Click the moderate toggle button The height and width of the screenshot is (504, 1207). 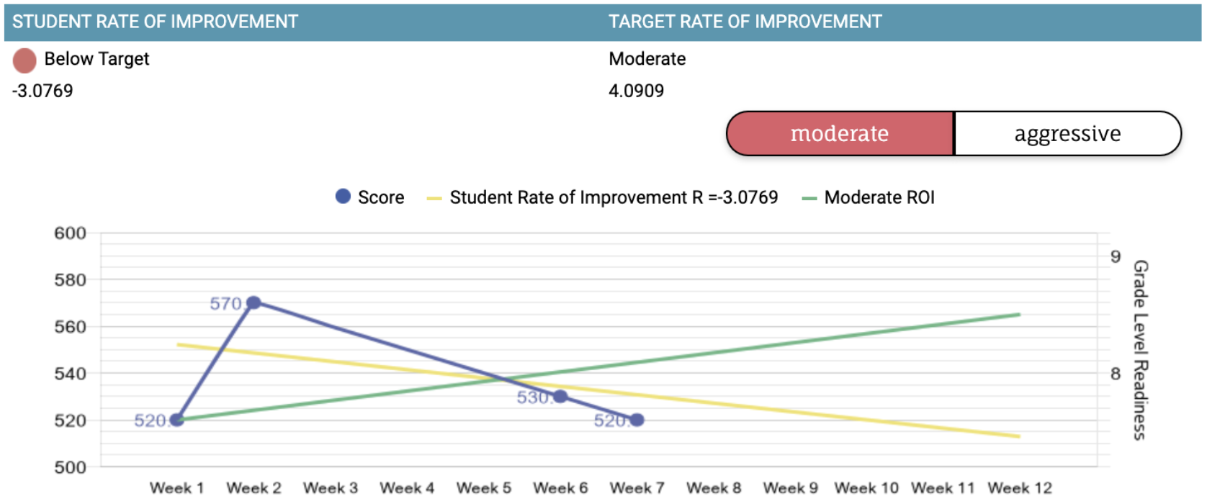[840, 133]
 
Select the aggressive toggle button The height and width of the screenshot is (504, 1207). [1067, 133]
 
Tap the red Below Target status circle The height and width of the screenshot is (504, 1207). [24, 60]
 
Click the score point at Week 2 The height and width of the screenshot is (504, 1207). [253, 303]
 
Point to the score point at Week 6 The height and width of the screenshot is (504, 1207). [560, 396]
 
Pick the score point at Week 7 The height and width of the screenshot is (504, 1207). [637, 420]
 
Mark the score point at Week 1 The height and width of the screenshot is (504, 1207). [177, 420]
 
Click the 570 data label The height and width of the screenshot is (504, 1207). [225, 304]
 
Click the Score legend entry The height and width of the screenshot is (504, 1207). [370, 197]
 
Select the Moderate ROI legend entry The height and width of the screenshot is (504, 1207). [869, 197]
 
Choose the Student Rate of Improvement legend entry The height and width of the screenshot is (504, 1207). [603, 197]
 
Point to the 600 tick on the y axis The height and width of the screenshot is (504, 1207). [70, 233]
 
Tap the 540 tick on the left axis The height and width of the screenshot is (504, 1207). [70, 374]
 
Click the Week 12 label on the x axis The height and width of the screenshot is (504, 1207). [1020, 488]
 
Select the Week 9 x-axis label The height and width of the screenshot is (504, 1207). [790, 488]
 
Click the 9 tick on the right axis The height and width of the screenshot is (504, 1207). [1115, 257]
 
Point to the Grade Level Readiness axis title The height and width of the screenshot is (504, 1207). [1140, 350]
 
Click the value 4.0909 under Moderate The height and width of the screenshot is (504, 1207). [637, 91]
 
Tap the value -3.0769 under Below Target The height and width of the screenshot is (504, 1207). [42, 91]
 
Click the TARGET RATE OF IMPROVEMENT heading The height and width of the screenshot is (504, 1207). [745, 22]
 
